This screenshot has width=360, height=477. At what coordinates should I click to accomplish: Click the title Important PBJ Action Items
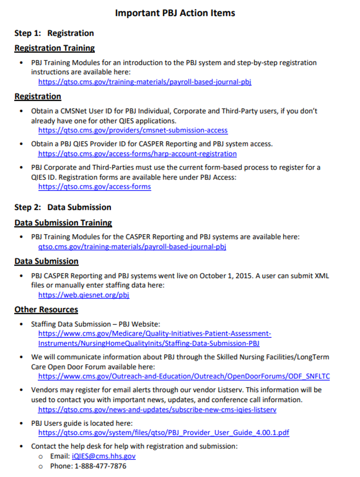[x=175, y=13]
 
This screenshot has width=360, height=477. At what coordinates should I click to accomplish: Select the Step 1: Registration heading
[x=54, y=33]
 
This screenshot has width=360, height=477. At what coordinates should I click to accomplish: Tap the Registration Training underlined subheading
[x=55, y=48]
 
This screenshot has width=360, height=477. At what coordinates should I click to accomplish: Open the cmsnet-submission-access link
[x=133, y=130]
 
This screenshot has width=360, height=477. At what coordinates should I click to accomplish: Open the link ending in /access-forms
[x=94, y=186]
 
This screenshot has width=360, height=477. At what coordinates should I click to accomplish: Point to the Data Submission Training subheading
[x=63, y=223]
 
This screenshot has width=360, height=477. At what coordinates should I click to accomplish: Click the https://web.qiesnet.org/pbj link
[x=84, y=295]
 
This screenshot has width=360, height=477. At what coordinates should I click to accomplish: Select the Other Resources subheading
[x=46, y=309]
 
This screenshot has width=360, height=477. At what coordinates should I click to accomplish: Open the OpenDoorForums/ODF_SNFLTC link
[x=184, y=376]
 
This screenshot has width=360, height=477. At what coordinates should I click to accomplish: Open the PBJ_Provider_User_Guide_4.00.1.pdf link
[x=164, y=433]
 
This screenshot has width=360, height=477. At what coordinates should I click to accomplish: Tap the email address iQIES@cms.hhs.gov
[x=104, y=456]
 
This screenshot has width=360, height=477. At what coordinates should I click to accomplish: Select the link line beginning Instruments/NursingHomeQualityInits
[x=149, y=343]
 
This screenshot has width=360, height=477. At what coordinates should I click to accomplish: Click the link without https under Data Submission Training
[x=132, y=247]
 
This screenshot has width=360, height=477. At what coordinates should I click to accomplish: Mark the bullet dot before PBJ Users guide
[x=21, y=423]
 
